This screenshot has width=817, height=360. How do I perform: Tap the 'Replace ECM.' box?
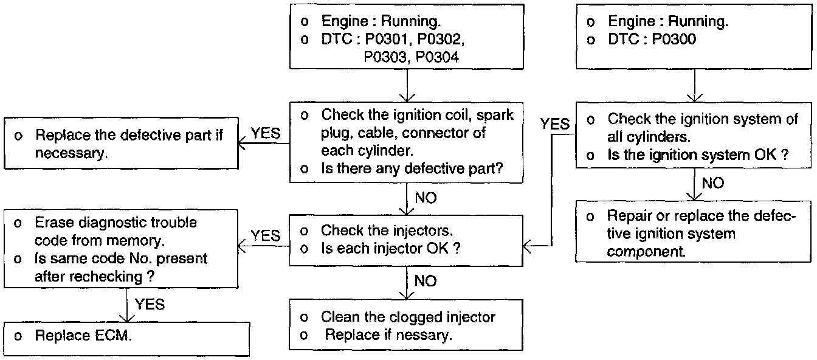click(126, 336)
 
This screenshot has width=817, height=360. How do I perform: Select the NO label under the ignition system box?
click(712, 183)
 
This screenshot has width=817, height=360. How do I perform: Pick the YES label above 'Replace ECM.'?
click(149, 303)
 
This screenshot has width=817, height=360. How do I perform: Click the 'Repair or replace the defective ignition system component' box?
click(694, 234)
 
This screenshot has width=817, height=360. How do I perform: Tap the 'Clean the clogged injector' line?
click(408, 317)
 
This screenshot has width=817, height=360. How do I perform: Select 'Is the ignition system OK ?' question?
click(698, 155)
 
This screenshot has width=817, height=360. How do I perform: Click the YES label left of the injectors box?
click(266, 235)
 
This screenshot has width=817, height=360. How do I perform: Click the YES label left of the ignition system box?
click(555, 125)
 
